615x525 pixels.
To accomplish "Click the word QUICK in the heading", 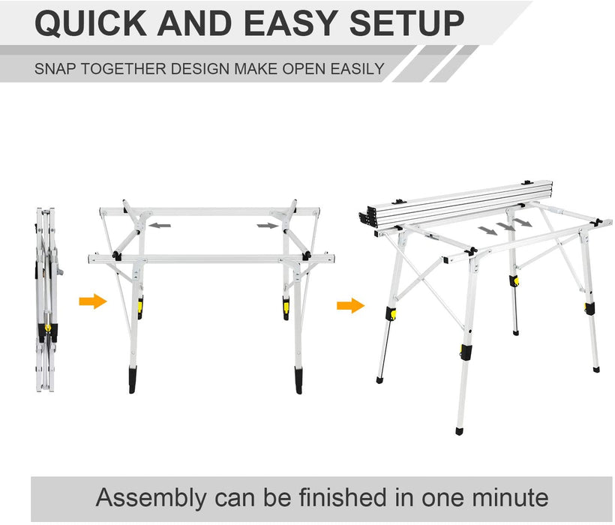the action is pos(91,23).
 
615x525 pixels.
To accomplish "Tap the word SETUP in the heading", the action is pos(406,23).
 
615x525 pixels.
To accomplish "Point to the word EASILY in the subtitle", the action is pos(357,69).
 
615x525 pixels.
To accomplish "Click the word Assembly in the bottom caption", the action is pos(151,498).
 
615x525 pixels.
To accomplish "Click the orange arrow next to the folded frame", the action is pos(93,301).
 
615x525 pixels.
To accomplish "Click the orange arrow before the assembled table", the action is pos(351,305).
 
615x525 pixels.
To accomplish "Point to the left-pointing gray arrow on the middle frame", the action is pos(160,226).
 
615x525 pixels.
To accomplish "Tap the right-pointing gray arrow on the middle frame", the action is pos(268,226).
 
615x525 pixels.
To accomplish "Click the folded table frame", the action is pos(47,300).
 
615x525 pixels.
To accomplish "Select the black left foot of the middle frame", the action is pos(133,379).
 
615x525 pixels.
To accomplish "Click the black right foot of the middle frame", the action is pos(298,380).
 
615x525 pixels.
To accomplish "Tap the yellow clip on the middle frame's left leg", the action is pos(139,307).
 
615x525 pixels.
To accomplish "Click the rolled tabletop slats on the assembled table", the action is pos(456,204).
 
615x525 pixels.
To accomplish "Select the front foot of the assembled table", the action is pos(460,431).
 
